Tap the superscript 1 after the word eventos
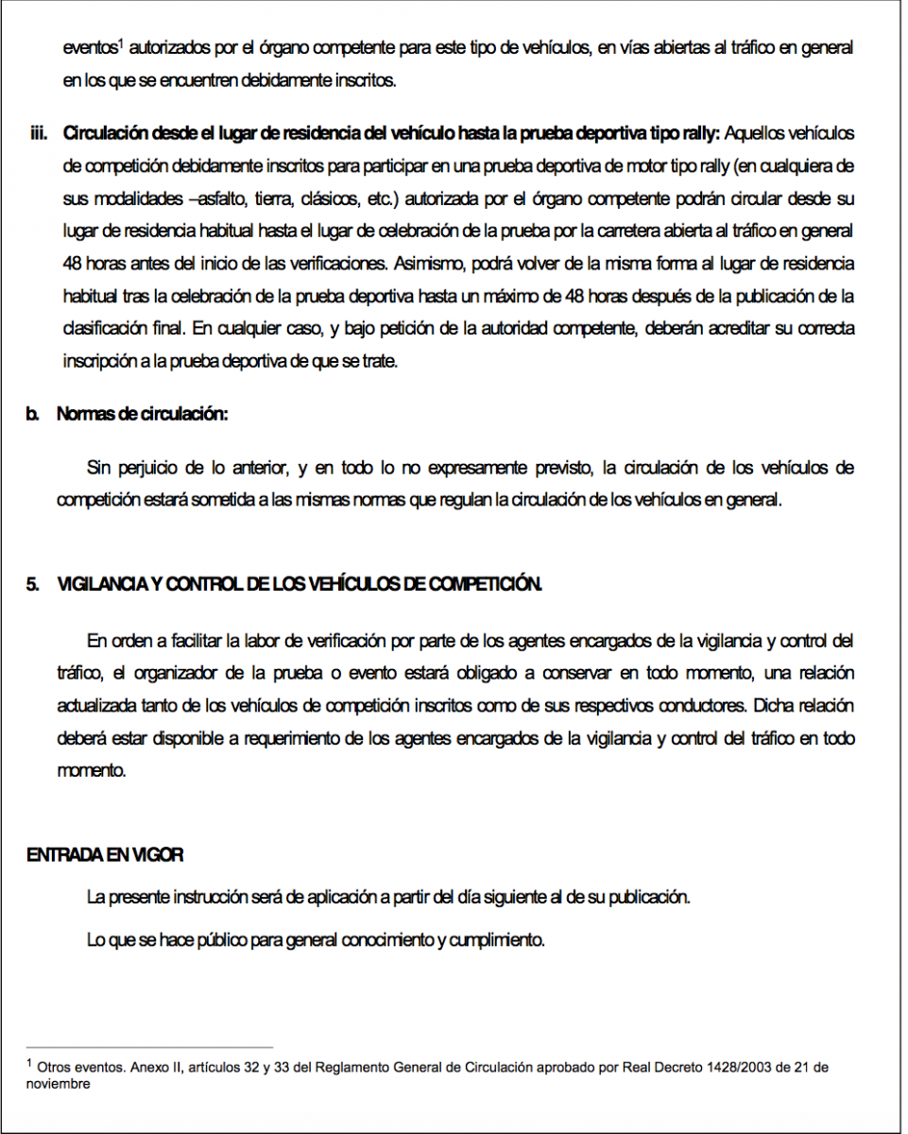[x=122, y=43]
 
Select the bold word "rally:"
[x=699, y=133]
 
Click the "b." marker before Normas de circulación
[x=33, y=414]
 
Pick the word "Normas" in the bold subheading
[x=86, y=414]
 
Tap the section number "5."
[x=33, y=585]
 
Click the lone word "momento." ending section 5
[x=91, y=770]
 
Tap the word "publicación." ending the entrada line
[x=648, y=897]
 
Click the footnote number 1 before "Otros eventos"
[x=29, y=1065]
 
